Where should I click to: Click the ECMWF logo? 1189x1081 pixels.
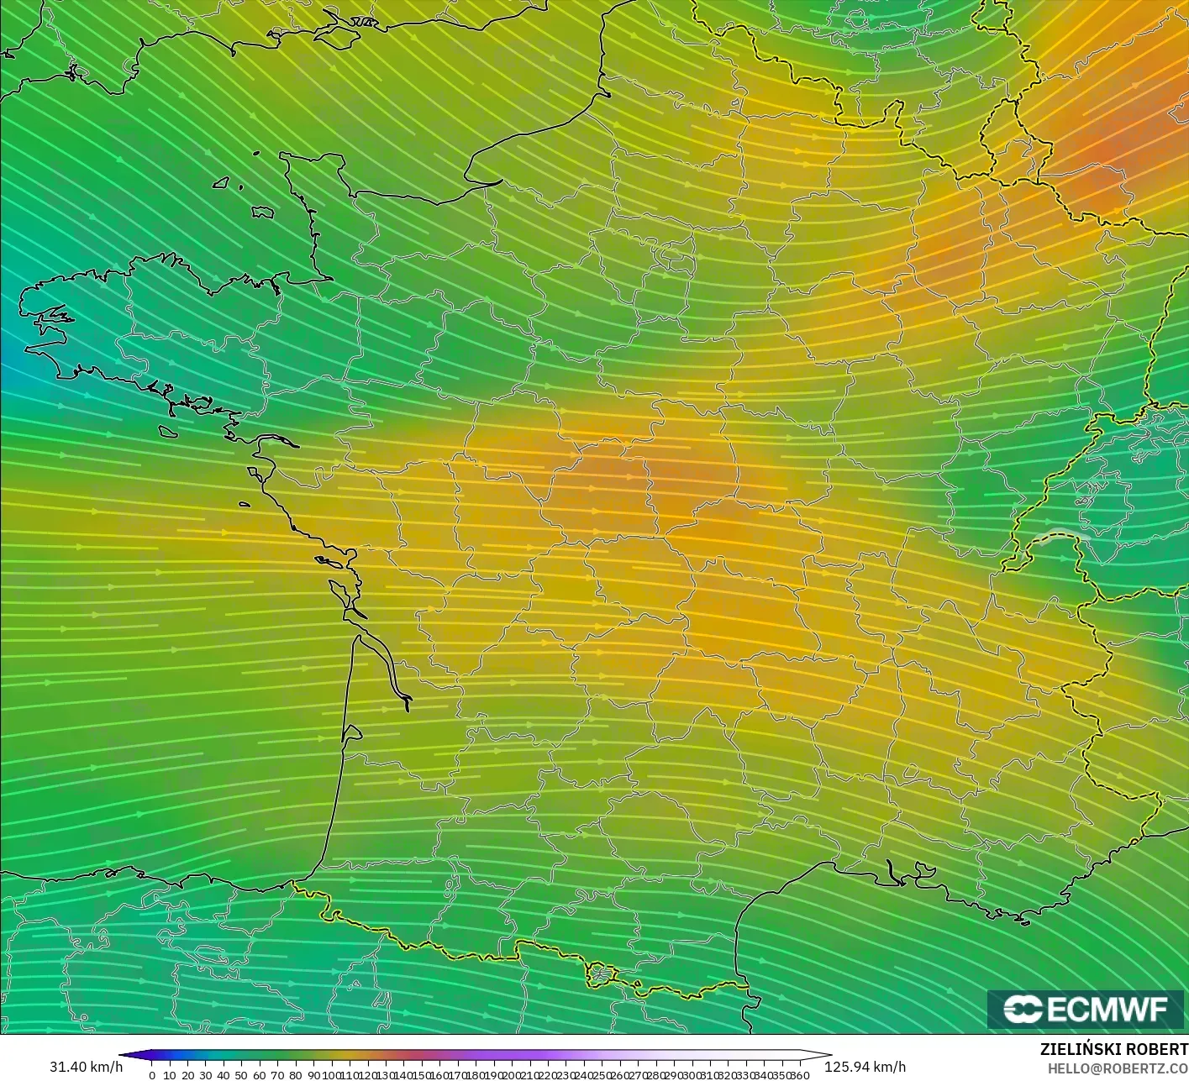pyautogui.click(x=1085, y=1009)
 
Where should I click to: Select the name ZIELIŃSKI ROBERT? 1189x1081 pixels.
pyautogui.click(x=1113, y=1049)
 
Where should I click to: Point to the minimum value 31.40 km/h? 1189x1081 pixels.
pyautogui.click(x=86, y=1067)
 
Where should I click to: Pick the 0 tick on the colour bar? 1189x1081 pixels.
pyautogui.click(x=152, y=1075)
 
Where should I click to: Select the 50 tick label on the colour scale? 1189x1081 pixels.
pyautogui.click(x=241, y=1075)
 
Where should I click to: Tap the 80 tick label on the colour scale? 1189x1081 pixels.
pyautogui.click(x=295, y=1075)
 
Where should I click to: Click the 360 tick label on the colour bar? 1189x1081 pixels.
pyautogui.click(x=800, y=1075)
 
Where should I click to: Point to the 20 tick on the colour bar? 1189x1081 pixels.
pyautogui.click(x=187, y=1075)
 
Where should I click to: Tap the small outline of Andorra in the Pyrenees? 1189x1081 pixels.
pyautogui.click(x=602, y=975)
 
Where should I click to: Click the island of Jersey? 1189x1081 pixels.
pyautogui.click(x=263, y=213)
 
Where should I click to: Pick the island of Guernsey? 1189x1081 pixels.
pyautogui.click(x=222, y=181)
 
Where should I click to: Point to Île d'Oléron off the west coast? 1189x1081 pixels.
pyautogui.click(x=340, y=593)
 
